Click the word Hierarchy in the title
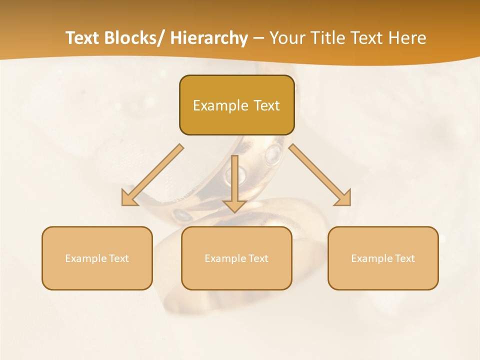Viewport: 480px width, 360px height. point(208,38)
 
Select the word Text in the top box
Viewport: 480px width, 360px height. point(265,105)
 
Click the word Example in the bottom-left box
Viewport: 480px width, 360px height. point(85,258)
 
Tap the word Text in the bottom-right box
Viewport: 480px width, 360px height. point(404,258)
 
